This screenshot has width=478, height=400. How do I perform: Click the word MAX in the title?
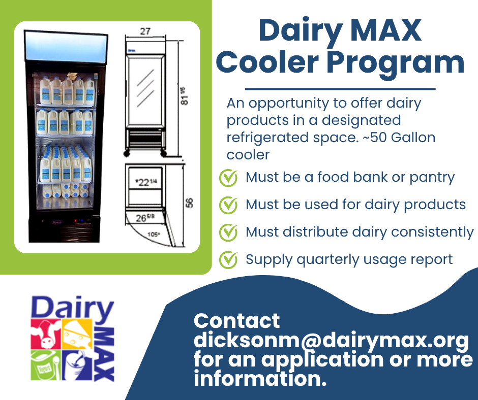386,30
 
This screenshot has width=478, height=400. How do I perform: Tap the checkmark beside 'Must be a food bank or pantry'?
228,178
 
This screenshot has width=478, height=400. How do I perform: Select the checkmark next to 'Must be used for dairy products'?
228,205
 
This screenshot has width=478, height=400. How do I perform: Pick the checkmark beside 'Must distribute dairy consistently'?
228,232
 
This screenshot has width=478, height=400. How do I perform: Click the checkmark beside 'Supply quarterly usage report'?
228,260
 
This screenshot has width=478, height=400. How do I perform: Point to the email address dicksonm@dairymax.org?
331,341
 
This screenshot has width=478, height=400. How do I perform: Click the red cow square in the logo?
45,334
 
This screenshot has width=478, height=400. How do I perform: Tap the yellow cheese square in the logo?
77,334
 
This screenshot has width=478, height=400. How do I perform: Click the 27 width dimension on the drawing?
145,31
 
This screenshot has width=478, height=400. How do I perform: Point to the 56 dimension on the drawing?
189,203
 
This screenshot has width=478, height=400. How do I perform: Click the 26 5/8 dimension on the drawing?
145,218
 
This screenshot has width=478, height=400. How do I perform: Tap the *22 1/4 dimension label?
146,182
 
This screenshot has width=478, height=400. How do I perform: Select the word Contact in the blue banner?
236,321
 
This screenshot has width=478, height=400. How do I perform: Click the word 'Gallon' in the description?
413,138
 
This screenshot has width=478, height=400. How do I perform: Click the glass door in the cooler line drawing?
145,90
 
